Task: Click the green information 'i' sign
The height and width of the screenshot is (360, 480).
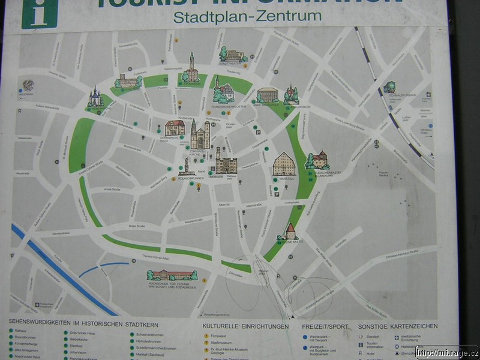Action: [40, 13]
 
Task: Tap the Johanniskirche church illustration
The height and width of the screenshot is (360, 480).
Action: [200, 134]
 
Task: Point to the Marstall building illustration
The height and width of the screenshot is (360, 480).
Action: [284, 164]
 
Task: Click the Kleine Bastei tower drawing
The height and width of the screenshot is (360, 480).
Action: [290, 232]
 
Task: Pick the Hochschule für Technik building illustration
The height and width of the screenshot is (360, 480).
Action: [172, 275]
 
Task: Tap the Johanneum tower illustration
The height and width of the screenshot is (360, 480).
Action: [191, 67]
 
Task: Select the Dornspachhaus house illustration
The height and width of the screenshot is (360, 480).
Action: [175, 128]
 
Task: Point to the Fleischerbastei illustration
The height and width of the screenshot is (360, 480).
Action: [319, 160]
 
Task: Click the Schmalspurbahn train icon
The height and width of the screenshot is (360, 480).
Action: [391, 86]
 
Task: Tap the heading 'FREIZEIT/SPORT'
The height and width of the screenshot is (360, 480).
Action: [325, 326]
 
